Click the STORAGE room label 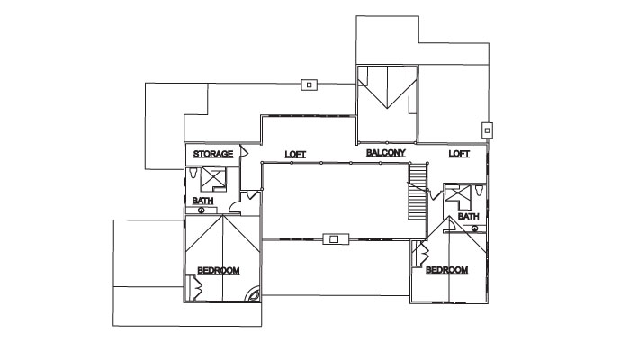pyautogui.click(x=213, y=154)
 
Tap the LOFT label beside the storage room pyautogui.click(x=295, y=155)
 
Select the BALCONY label pyautogui.click(x=386, y=153)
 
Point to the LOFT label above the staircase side pyautogui.click(x=459, y=154)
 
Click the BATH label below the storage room pyautogui.click(x=202, y=201)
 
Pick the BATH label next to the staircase pyautogui.click(x=469, y=217)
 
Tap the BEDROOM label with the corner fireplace pyautogui.click(x=219, y=271)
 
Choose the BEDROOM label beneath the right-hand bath pyautogui.click(x=446, y=270)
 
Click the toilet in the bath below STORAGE pyautogui.click(x=193, y=173)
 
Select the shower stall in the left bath pyautogui.click(x=214, y=180)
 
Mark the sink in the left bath pyautogui.click(x=202, y=210)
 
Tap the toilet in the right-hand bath pyautogui.click(x=479, y=191)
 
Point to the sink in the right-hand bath pyautogui.click(x=474, y=229)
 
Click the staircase pyautogui.click(x=417, y=191)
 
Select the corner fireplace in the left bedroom pyautogui.click(x=254, y=293)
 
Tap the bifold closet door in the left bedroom pyautogui.click(x=196, y=287)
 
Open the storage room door pyautogui.click(x=244, y=151)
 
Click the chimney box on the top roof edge pyautogui.click(x=309, y=85)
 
